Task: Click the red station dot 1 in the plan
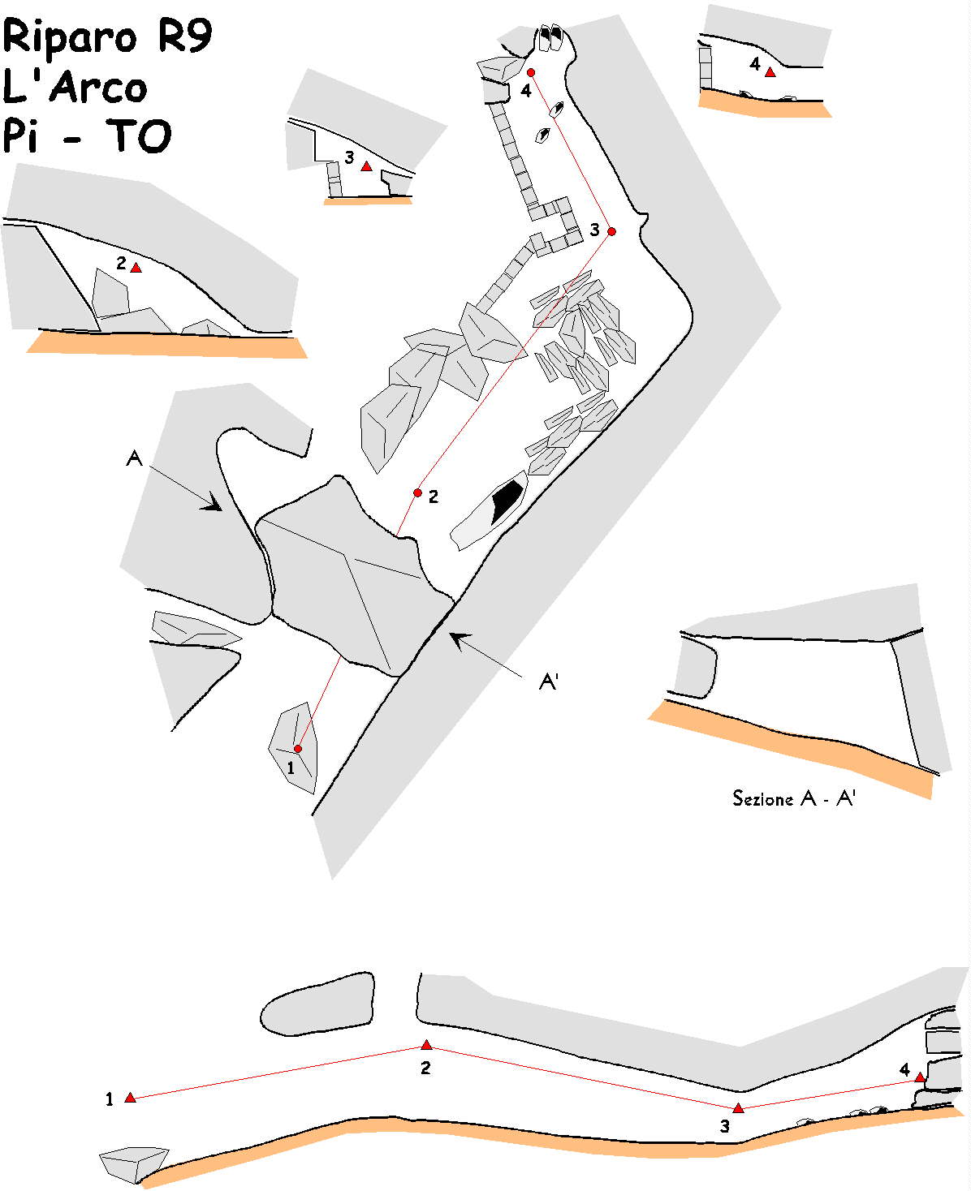click(x=298, y=748)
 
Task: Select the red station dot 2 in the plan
click(x=417, y=492)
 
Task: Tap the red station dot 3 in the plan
click(x=611, y=231)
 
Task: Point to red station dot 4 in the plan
click(x=531, y=73)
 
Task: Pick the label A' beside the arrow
click(x=549, y=681)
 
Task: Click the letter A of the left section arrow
click(x=135, y=459)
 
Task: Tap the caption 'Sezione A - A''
click(x=793, y=799)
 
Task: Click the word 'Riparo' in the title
click(x=71, y=37)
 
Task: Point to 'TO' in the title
click(x=141, y=135)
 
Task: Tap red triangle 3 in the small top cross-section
click(x=366, y=166)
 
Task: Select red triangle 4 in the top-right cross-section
click(x=770, y=72)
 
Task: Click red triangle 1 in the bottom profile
click(x=130, y=1098)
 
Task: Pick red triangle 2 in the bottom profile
click(x=426, y=1045)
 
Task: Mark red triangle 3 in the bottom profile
click(x=738, y=1108)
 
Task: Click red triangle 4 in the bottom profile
click(x=920, y=1077)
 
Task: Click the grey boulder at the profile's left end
click(x=132, y=1164)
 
